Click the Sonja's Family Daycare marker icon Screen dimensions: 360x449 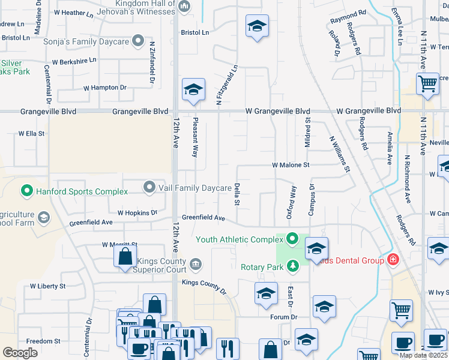tap(139, 41)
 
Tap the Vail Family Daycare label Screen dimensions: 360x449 tap(195, 188)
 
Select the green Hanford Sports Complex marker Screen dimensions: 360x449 tap(26, 191)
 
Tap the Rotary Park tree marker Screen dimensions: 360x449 tap(292, 265)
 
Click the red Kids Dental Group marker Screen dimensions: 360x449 tap(393, 260)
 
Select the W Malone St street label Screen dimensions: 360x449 tap(291, 164)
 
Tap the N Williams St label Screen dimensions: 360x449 tap(340, 154)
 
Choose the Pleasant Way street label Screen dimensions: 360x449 tap(195, 137)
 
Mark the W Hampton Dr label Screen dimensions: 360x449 tap(105, 88)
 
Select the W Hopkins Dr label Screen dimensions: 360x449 tap(137, 212)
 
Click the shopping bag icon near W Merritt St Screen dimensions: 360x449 tap(124, 257)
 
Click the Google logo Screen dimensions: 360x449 tap(20, 353)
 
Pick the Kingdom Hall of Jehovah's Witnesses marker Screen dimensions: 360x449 tap(184, 7)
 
